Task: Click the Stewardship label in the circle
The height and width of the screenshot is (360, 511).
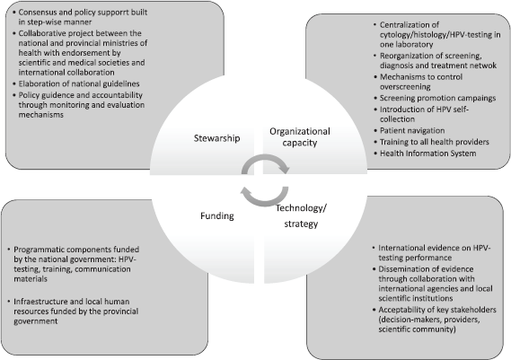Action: pyautogui.click(x=216, y=138)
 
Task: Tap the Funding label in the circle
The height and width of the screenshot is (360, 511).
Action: pyautogui.click(x=217, y=216)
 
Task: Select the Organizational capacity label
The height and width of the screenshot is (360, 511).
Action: pyautogui.click(x=300, y=136)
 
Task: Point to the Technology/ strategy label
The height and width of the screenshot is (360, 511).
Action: pyautogui.click(x=301, y=215)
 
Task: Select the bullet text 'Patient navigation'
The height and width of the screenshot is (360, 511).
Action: pyautogui.click(x=412, y=131)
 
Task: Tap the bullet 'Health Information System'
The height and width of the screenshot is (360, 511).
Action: pyautogui.click(x=427, y=154)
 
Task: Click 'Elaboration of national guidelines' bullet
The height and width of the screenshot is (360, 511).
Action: pyautogui.click(x=79, y=83)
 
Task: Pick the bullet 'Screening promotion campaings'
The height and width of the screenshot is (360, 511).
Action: pyautogui.click(x=437, y=98)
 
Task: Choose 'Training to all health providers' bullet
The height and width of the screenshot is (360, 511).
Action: pyautogui.click(x=435, y=142)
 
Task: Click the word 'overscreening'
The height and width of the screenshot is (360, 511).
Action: pyautogui.click(x=405, y=87)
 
